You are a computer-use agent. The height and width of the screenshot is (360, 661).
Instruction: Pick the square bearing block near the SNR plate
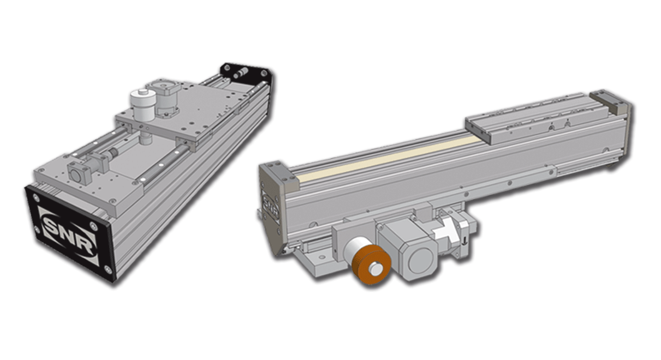click(79, 172)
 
